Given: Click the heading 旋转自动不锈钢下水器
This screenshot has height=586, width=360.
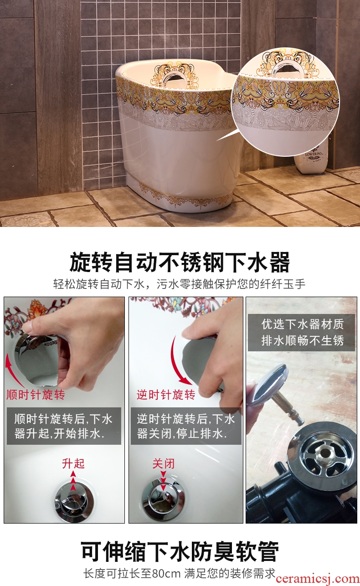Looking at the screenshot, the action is pos(180,262).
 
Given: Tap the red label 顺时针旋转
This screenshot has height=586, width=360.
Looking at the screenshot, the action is pos(36,395).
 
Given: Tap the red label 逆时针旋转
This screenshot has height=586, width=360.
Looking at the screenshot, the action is pos(166,395).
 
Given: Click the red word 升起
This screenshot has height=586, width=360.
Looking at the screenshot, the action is pos(73,463).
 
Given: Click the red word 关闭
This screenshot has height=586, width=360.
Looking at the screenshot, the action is pos(164,463).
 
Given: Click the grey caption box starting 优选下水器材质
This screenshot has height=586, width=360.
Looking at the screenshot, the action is pos(301,333).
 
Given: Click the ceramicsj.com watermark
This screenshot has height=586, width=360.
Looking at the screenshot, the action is pos(318,578).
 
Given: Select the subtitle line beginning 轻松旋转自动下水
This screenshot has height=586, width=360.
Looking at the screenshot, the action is pos(180,284).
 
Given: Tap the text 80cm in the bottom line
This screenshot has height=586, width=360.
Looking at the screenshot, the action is pos(166,574).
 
